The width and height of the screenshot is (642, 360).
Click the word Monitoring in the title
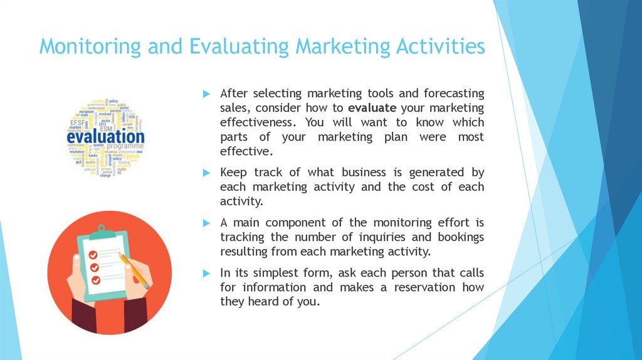[x=90, y=47]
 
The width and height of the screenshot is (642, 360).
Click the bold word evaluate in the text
[x=371, y=107]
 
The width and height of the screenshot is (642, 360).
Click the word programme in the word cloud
[x=123, y=146]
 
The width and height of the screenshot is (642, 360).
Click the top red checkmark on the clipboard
[x=93, y=255]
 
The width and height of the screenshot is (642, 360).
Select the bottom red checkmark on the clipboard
[x=95, y=280]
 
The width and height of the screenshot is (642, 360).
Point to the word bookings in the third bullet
[x=458, y=237]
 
